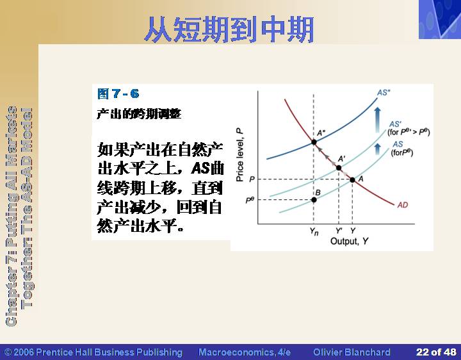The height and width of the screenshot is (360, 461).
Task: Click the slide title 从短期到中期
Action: tap(229, 29)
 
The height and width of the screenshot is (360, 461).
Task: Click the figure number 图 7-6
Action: tap(118, 94)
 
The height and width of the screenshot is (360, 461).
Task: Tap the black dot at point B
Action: tap(314, 200)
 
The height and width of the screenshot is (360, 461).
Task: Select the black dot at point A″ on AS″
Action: tap(314, 142)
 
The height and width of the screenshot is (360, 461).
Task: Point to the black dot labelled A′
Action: tap(339, 168)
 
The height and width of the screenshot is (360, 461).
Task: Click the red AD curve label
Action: tap(403, 205)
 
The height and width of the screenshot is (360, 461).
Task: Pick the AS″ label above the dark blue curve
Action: tap(384, 93)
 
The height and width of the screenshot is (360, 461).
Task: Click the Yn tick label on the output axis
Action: tap(314, 231)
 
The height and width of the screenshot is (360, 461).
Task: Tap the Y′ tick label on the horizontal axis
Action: tap(339, 231)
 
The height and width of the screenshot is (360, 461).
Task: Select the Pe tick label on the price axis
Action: tap(250, 200)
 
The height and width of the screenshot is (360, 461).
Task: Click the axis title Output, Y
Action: tap(350, 241)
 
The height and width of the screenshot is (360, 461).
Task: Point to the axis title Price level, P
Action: tap(240, 155)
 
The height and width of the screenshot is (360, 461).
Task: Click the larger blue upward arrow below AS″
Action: tap(378, 120)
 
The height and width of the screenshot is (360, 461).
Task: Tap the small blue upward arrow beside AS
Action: tap(378, 149)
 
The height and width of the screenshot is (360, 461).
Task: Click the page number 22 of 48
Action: tap(436, 352)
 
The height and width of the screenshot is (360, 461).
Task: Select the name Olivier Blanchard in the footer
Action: tap(352, 352)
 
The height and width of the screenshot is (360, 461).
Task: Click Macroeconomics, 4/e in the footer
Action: tap(245, 352)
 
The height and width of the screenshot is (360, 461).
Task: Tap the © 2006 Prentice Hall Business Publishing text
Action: tap(93, 352)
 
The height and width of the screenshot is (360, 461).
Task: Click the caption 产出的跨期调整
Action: tap(139, 114)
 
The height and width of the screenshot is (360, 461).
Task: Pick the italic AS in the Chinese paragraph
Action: tap(201, 168)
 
